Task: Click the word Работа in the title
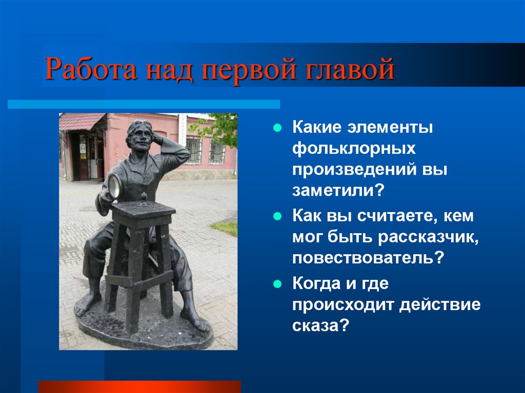pos(91,69)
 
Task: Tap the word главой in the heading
pos(350,69)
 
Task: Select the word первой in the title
pos(249,70)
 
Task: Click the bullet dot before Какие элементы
pos(277,128)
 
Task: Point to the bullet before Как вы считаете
pos(277,216)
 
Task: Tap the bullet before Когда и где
pos(277,284)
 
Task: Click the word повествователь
pos(364,258)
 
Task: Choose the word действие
pos(440,305)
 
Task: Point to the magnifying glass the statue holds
pos(114,187)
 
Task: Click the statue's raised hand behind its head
pos(157,137)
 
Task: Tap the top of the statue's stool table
pos(144,209)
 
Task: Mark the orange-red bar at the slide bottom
pos(139,386)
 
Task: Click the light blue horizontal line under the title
pos(144,104)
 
